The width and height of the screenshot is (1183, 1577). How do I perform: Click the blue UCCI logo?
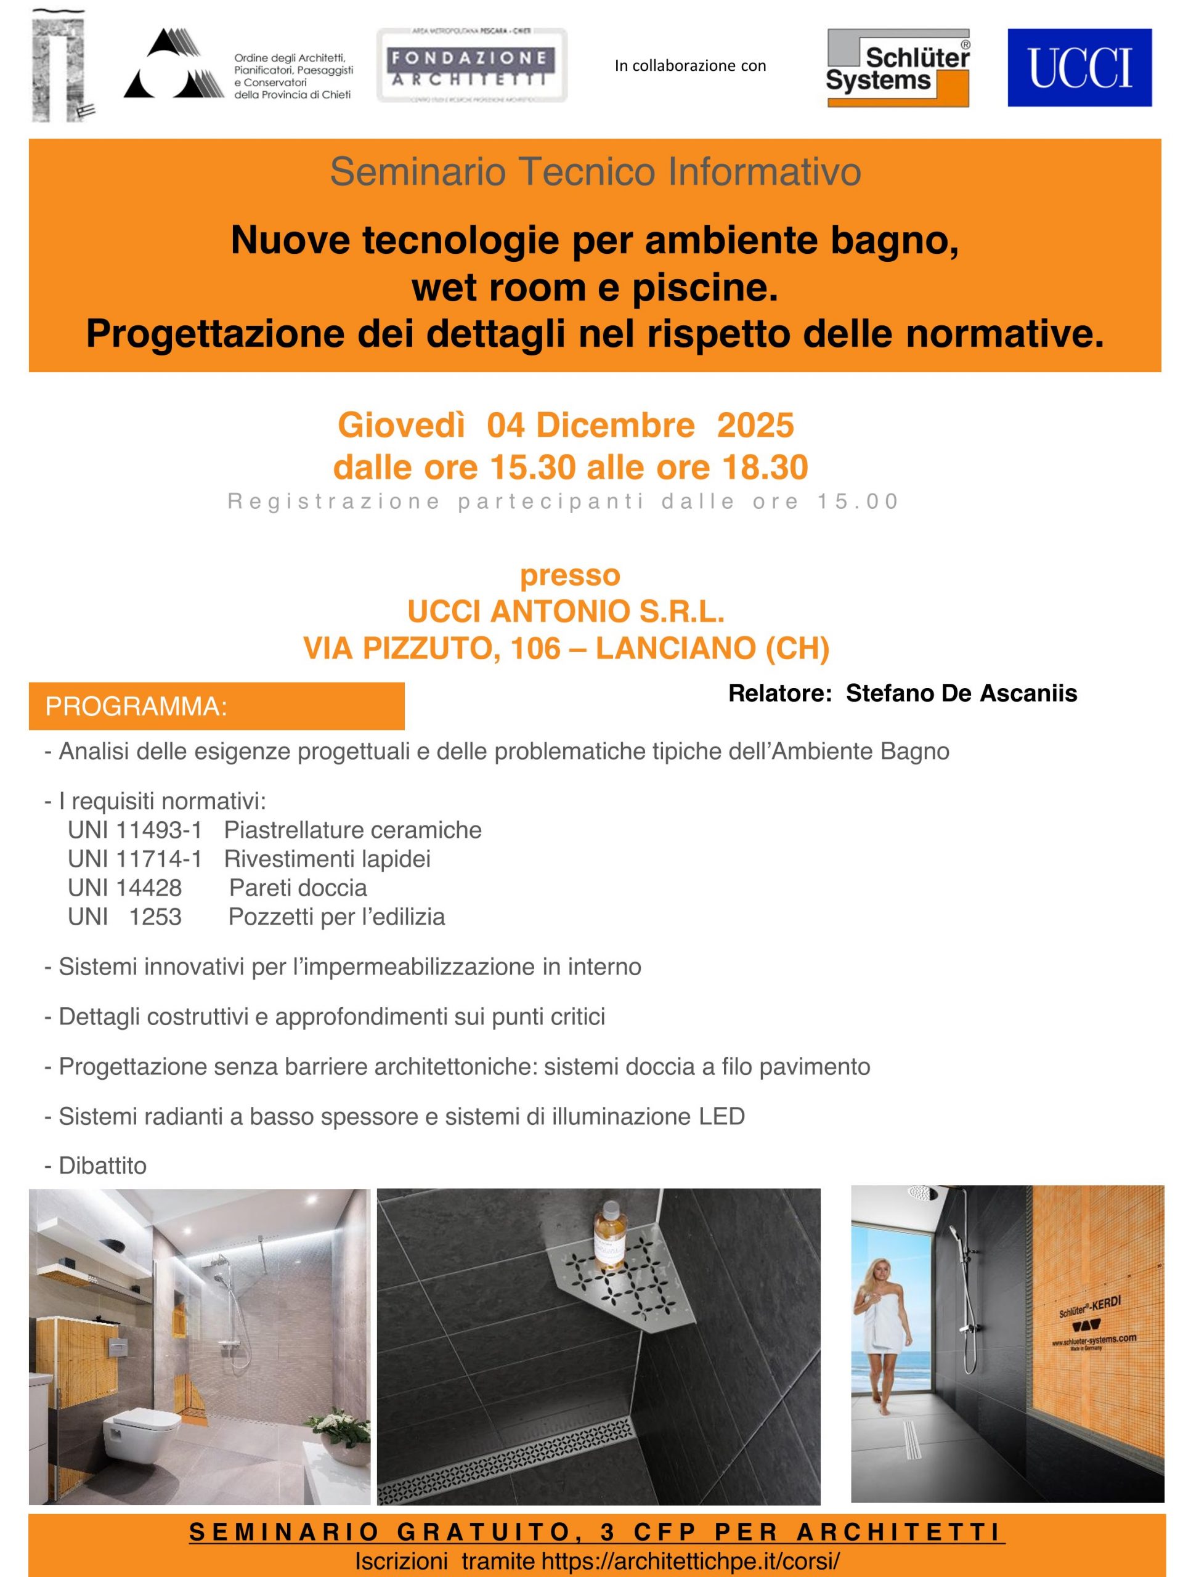[1079, 67]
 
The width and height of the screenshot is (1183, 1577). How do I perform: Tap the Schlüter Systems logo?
[897, 68]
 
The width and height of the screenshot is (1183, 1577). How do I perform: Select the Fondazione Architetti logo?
[471, 65]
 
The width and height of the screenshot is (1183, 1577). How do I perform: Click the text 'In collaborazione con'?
[689, 65]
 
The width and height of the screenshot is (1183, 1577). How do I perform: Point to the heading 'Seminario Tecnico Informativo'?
[595, 172]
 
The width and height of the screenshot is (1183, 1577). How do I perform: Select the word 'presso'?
[570, 575]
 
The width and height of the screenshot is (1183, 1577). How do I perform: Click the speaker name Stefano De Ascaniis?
[961, 693]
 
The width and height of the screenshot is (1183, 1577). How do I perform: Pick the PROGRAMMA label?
[136, 707]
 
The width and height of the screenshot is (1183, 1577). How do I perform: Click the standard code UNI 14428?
[125, 888]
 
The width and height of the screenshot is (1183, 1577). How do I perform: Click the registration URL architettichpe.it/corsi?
[690, 1560]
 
